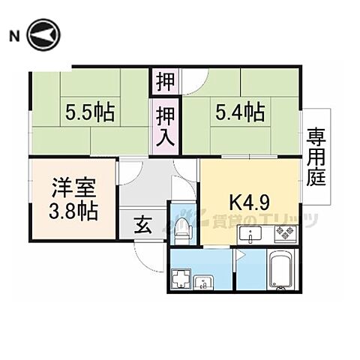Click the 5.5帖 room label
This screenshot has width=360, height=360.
91,113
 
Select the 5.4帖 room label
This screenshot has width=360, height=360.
240,113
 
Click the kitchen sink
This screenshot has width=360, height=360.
248,236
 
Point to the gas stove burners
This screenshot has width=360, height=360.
285,236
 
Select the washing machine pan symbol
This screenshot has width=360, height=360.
182,283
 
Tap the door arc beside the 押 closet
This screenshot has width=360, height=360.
188,77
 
